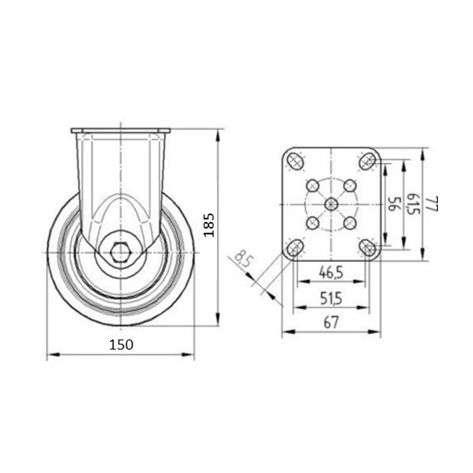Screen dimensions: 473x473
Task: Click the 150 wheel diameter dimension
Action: (x=121, y=345)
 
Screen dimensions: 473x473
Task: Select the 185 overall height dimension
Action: (x=209, y=225)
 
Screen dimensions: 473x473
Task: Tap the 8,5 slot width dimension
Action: (x=243, y=259)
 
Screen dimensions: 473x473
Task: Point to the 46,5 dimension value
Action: (x=331, y=273)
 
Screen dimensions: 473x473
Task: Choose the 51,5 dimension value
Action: (x=331, y=299)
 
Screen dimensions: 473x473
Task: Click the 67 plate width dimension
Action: (x=331, y=323)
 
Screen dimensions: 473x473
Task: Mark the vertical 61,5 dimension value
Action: (x=414, y=204)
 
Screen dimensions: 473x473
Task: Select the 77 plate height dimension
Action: (x=432, y=204)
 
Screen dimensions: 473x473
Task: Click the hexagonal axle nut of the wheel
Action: (x=120, y=252)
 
